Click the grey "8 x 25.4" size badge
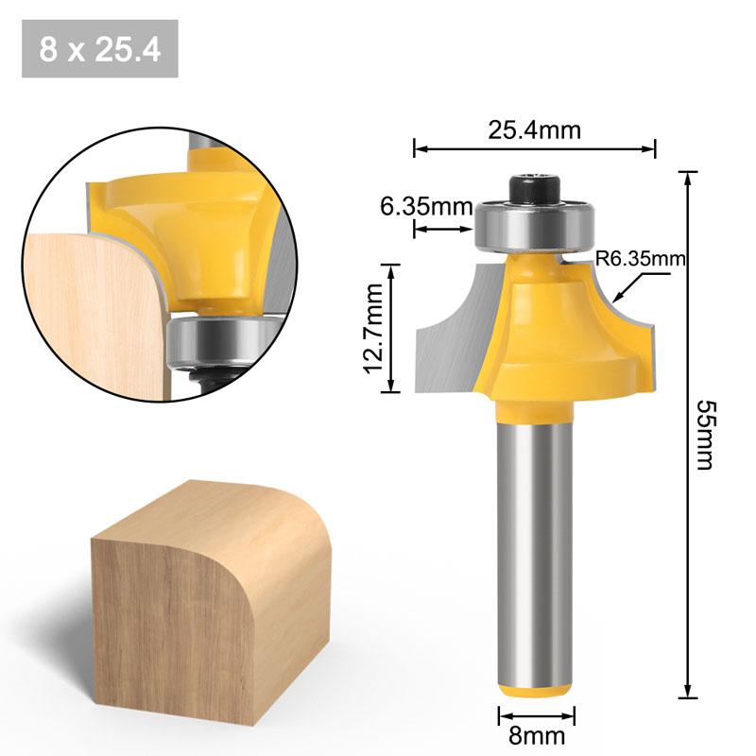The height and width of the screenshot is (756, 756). point(99,48)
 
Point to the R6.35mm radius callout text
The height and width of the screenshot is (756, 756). point(640,257)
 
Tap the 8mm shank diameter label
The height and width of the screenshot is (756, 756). point(536,734)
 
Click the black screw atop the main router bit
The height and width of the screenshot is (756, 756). point(534,186)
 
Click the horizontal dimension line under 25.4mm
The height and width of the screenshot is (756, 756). point(534,148)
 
